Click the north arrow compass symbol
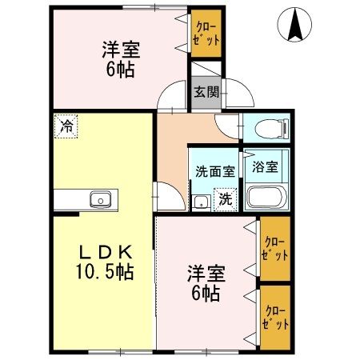pos(294,24)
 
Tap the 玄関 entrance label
pos(206,92)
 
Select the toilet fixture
pos(272,129)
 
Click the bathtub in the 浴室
pos(266,197)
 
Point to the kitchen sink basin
pos(101,199)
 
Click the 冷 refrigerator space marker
pos(66,126)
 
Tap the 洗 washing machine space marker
pos(226,199)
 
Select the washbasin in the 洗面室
pos(201,203)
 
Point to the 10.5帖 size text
pos(105,271)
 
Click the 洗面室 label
pos(215,172)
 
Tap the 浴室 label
pos(265,167)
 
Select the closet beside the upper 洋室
pos(206,34)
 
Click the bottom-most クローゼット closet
pos(275,318)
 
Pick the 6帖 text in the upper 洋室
pos(120,70)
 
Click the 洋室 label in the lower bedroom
pos(206,274)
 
